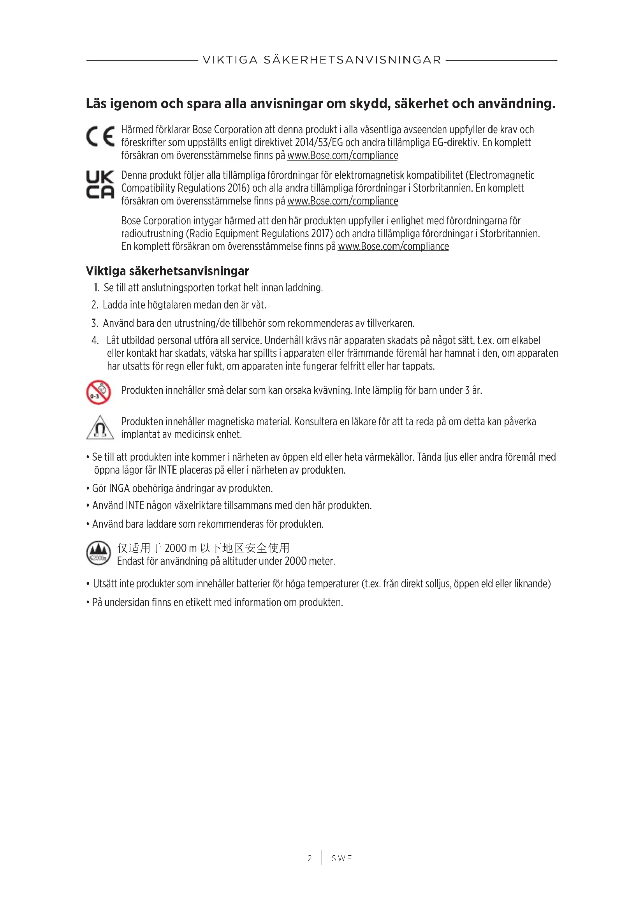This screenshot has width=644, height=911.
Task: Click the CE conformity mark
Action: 100,136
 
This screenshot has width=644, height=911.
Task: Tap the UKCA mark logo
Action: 100,185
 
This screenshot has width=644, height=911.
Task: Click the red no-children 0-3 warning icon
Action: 99,393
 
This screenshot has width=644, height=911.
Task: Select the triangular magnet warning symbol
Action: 100,428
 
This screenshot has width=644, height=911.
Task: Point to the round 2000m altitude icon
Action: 99,553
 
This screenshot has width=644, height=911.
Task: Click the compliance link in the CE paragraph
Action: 343,155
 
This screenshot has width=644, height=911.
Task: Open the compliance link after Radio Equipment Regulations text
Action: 393,247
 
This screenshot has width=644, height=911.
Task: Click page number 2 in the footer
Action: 310,858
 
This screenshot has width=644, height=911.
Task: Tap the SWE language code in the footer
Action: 342,858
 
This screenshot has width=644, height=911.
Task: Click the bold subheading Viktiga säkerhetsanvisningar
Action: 167,271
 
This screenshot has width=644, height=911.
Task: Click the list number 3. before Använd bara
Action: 94,323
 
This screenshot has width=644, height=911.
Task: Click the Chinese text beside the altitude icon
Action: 203,548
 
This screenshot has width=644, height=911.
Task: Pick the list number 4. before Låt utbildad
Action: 95,340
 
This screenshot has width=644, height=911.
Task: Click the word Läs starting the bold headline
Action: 96,104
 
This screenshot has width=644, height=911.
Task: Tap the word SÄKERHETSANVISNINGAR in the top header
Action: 352,60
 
